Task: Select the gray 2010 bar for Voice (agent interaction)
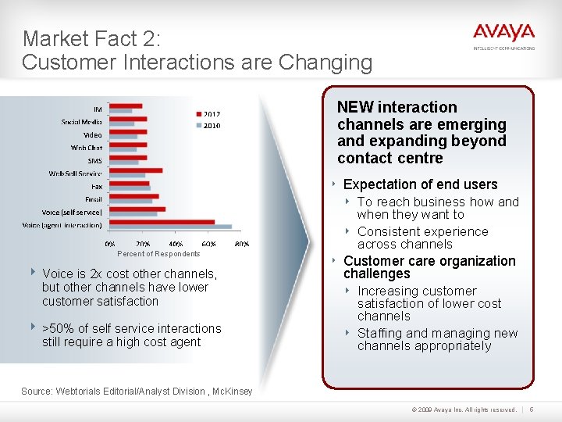171,227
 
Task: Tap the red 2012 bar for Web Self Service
136,170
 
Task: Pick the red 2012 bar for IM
126,105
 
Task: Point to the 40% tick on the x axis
176,244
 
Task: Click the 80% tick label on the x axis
242,244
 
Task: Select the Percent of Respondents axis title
158,254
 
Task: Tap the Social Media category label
81,121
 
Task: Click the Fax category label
96,186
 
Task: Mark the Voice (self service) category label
72,212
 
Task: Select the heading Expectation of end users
420,184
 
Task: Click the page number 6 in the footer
532,409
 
